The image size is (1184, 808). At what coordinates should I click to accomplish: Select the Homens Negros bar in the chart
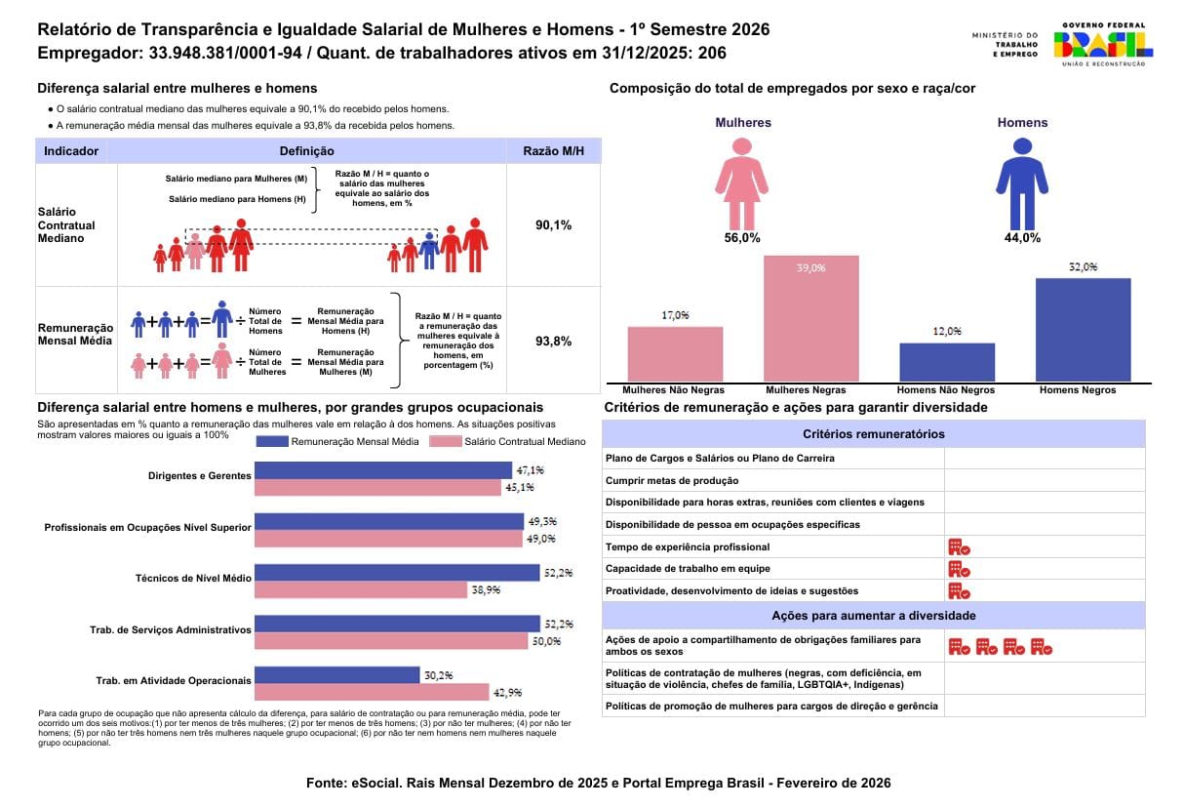click(x=1083, y=330)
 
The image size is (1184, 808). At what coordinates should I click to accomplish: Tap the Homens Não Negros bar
click(x=946, y=362)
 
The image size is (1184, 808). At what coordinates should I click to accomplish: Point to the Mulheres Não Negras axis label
click(x=675, y=390)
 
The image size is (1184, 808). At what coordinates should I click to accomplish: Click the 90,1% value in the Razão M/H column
click(x=553, y=225)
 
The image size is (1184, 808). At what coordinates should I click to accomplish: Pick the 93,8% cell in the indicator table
click(x=553, y=342)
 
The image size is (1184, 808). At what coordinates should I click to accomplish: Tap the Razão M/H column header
click(x=553, y=151)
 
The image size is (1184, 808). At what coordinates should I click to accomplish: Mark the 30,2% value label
click(x=435, y=674)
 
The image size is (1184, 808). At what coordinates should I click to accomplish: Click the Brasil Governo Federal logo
click(x=1103, y=44)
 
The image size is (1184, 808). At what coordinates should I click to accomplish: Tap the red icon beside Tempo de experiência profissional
click(x=958, y=547)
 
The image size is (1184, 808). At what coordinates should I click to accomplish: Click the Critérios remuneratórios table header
click(x=873, y=434)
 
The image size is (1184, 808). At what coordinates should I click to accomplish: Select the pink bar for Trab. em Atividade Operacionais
click(x=372, y=692)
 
